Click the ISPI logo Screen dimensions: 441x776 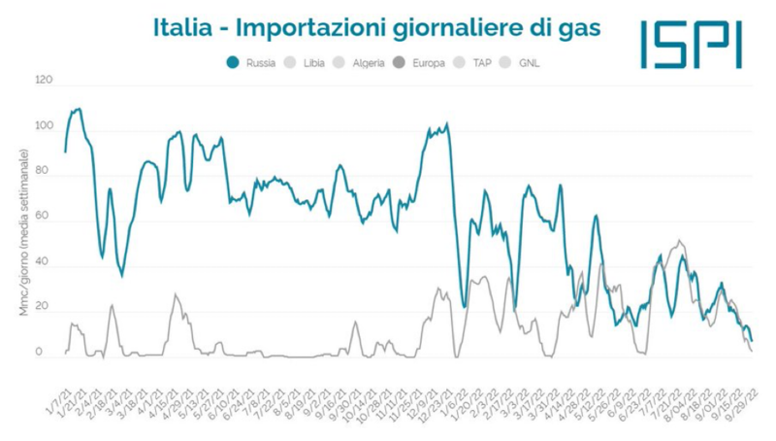pyautogui.click(x=692, y=44)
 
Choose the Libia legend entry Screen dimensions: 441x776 pyautogui.click(x=312, y=64)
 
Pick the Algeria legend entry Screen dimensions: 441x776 pyautogui.click(x=367, y=64)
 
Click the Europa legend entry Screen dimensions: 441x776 pyautogui.click(x=428, y=64)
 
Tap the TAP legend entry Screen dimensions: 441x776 pyautogui.click(x=482, y=64)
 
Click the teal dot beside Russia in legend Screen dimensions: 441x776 pyautogui.click(x=233, y=64)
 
